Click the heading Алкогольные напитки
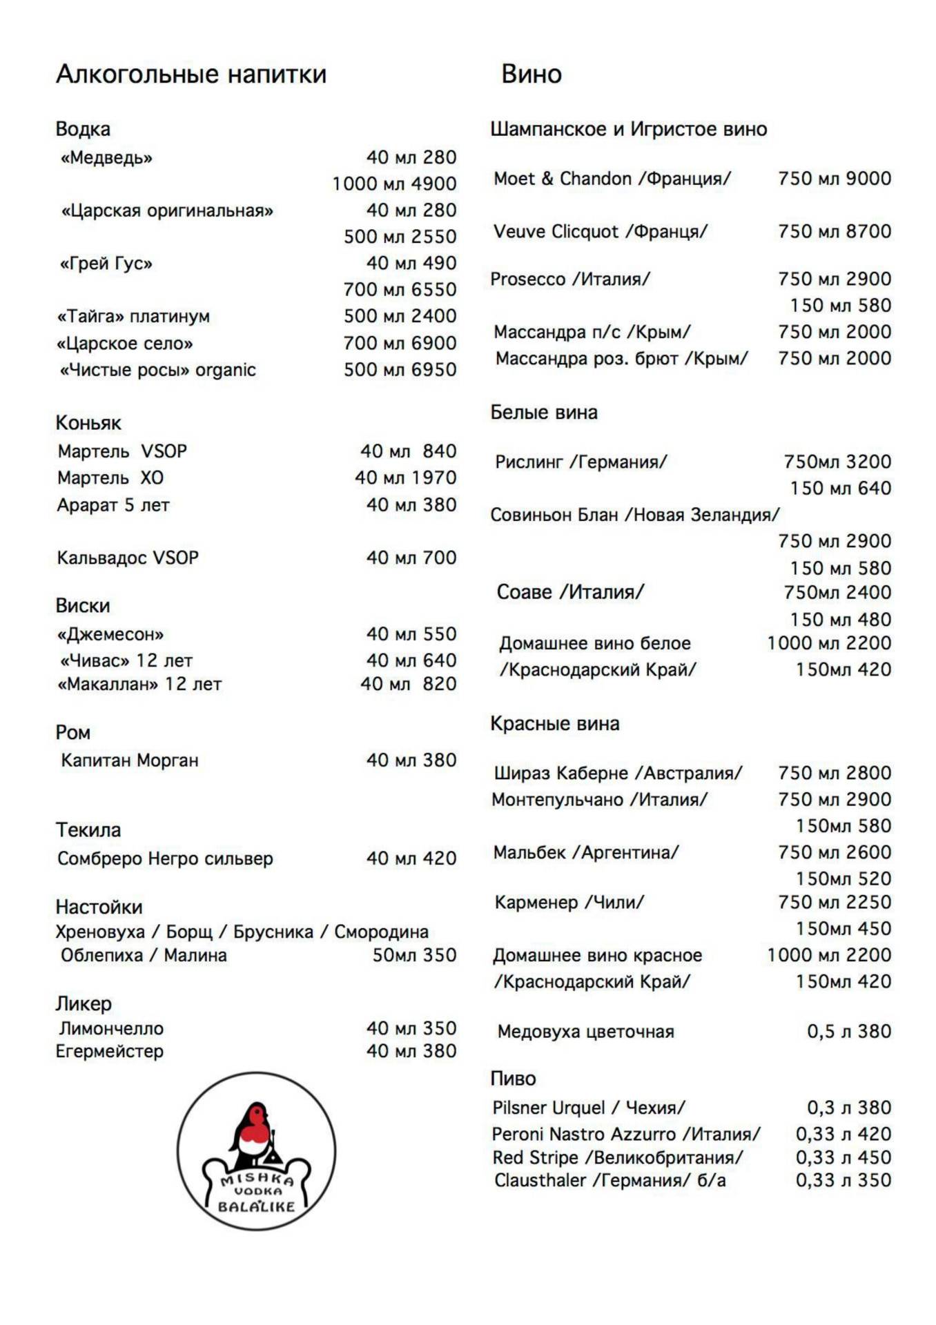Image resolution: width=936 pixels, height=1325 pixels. point(191,74)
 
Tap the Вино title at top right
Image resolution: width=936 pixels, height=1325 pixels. point(531,74)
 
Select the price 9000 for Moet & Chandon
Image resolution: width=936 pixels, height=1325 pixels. point(868,178)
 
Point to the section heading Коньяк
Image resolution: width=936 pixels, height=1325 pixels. point(88,422)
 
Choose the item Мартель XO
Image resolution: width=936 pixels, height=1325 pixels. point(110,478)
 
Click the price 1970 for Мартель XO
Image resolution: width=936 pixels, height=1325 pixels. point(434,478)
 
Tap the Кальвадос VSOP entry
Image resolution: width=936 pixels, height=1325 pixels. point(128,558)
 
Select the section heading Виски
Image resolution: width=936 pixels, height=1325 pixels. point(83,605)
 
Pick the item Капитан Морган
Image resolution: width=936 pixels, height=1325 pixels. point(130,760)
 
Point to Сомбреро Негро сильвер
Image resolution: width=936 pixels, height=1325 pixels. point(165,858)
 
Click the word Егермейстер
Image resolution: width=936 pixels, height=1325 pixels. point(110,1051)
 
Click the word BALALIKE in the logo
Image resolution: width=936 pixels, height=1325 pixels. point(256,1206)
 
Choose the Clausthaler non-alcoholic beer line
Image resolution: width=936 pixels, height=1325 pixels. point(610,1180)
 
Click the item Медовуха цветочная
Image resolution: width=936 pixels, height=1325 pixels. point(585,1032)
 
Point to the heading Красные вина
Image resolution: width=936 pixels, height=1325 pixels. point(555,723)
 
